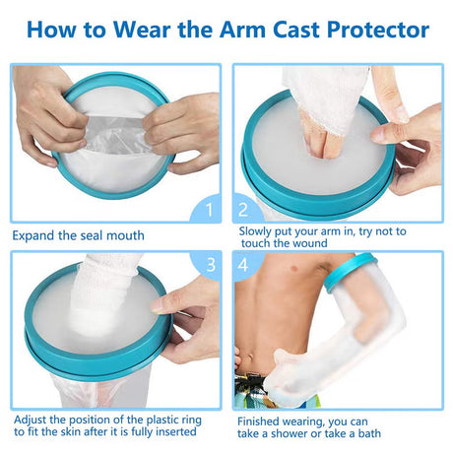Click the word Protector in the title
click(378, 30)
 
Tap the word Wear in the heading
click(142, 30)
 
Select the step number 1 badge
click(207, 209)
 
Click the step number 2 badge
click(244, 210)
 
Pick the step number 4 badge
click(244, 265)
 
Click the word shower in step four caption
click(289, 433)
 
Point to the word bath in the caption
click(369, 433)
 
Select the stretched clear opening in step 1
click(115, 135)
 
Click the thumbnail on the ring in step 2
click(401, 113)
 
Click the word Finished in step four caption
click(258, 421)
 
